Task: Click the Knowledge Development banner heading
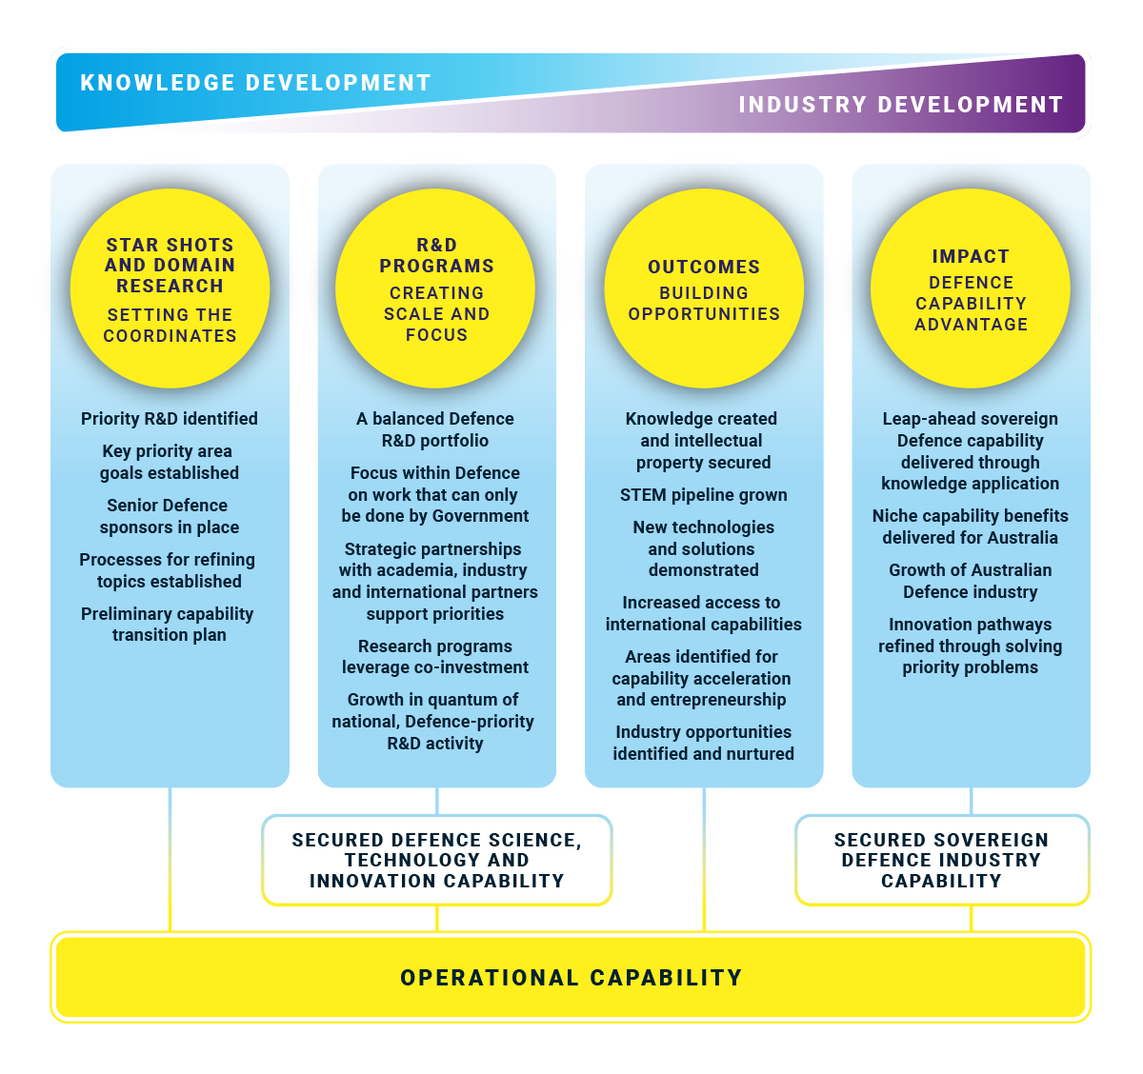click(255, 83)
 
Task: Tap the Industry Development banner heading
click(901, 105)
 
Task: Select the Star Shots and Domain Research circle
click(170, 288)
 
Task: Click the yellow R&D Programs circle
click(435, 288)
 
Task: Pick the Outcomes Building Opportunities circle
click(704, 288)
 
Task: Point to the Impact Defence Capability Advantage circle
click(971, 288)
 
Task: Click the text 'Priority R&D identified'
click(170, 418)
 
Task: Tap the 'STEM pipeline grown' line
click(703, 495)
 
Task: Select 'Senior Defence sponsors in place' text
click(169, 516)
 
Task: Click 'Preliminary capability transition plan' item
click(168, 625)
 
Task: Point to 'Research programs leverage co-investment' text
click(435, 657)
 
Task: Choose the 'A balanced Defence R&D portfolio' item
click(435, 429)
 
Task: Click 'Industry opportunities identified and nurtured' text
click(703, 743)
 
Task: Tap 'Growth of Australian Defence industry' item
click(971, 581)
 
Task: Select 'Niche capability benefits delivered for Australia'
click(971, 527)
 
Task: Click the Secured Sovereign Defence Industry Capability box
click(942, 860)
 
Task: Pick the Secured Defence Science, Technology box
click(437, 860)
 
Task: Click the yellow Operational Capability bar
click(571, 977)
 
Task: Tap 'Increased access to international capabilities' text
click(703, 613)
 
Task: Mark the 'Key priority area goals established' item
click(169, 462)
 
